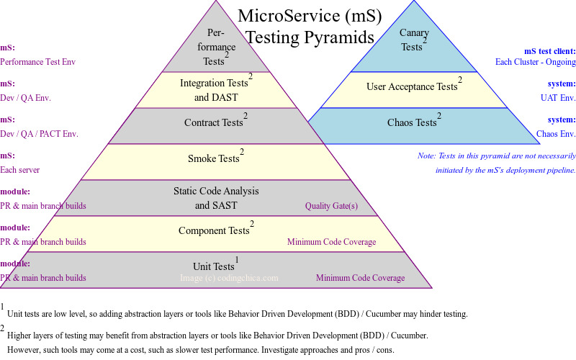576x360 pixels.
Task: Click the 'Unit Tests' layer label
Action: tap(214, 267)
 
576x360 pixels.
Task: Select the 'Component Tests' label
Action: tap(214, 231)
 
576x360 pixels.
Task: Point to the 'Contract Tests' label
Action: tap(213, 123)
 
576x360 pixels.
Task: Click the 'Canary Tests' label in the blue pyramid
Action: tap(412, 40)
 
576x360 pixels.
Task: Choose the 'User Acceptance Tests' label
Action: tap(411, 87)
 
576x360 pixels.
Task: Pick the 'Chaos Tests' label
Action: tap(411, 123)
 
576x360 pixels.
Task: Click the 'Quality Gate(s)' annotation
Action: tap(331, 206)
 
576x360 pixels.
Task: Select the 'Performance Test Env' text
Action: tap(37, 62)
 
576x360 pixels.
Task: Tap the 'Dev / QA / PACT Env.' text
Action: tap(39, 134)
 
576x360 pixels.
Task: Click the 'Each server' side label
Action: tap(20, 170)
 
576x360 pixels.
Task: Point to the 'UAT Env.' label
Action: tap(558, 98)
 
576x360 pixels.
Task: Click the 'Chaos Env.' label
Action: tap(556, 134)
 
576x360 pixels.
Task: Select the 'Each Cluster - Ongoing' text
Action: tap(535, 62)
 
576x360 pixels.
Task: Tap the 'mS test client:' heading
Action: tap(549, 51)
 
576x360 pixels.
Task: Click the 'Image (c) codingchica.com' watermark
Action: tap(229, 278)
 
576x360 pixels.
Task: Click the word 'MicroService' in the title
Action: tap(279, 15)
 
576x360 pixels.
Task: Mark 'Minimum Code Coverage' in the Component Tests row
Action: tap(331, 242)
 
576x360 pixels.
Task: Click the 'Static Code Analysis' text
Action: tap(216, 192)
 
